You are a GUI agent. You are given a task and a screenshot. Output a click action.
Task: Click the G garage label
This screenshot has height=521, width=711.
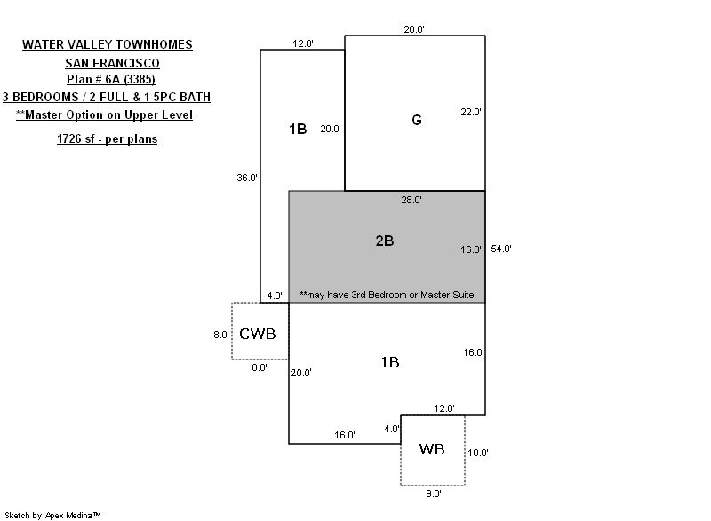coord(416,120)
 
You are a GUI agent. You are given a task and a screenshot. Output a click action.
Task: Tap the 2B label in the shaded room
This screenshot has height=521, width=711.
coord(384,241)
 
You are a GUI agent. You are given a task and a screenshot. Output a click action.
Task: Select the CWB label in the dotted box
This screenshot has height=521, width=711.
coord(258,334)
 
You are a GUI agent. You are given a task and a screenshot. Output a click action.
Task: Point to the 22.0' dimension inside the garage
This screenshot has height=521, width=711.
coord(470,112)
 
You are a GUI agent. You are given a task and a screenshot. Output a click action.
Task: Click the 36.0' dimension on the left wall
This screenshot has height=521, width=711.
coord(246,178)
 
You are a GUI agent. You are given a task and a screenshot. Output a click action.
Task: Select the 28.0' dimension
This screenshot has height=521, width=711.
coord(411,200)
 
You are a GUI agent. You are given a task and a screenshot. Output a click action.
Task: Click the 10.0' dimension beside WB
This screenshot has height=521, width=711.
coord(478,452)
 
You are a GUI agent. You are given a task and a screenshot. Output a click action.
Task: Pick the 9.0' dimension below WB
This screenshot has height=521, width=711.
coord(432,493)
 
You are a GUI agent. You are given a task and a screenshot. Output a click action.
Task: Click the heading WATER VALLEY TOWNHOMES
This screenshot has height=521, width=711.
coord(108,44)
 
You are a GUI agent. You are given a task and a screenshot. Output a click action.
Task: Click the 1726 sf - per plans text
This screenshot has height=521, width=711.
coord(108,139)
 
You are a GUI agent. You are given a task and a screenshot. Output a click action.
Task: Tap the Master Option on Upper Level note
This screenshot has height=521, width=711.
coord(104,115)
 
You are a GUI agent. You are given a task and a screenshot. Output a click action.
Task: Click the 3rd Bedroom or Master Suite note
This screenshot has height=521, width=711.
coord(387,295)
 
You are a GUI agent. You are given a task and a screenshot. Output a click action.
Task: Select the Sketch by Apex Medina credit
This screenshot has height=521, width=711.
coord(53,514)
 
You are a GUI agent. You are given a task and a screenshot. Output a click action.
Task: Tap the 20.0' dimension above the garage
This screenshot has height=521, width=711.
coord(413,29)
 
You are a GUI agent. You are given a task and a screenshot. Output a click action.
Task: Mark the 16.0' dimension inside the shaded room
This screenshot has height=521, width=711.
coord(470,249)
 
